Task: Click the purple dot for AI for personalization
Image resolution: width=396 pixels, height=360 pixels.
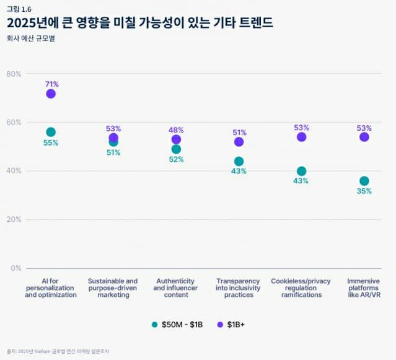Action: [x=51, y=94]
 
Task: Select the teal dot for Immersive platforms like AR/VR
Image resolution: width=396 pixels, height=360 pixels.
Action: [x=364, y=181]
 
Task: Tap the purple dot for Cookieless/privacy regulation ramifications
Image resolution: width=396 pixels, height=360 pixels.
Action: [x=301, y=137]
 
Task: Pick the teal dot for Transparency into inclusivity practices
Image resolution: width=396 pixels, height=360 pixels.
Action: [x=239, y=161]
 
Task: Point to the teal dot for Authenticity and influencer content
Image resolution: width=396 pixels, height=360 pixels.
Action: [x=176, y=149]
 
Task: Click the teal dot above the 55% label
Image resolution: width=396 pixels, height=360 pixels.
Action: [x=51, y=132]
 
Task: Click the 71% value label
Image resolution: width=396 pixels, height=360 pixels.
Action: [x=51, y=84]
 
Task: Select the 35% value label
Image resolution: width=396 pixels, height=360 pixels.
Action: [x=364, y=191]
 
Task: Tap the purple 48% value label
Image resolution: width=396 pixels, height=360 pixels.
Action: [x=177, y=130]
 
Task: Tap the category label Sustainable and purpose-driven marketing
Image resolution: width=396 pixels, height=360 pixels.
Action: [x=113, y=288]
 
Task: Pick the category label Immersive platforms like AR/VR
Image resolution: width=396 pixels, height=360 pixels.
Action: [x=364, y=288]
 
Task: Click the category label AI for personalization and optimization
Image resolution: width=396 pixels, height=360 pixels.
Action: [x=51, y=288]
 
